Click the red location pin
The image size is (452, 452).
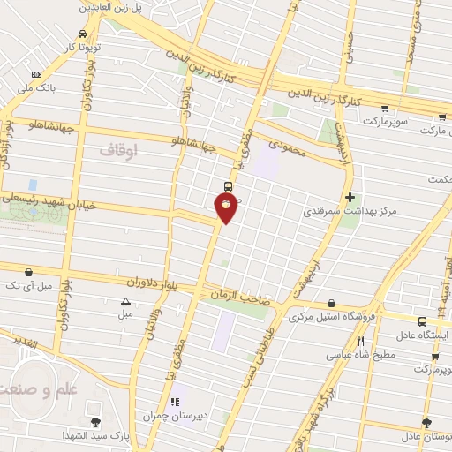227,207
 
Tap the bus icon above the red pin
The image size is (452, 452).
228,185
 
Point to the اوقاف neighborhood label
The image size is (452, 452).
120,152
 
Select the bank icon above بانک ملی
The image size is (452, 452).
36,74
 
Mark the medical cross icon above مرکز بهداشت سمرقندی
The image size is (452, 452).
350,198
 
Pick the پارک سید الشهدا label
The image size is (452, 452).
96,437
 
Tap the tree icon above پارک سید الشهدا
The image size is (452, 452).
96,422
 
